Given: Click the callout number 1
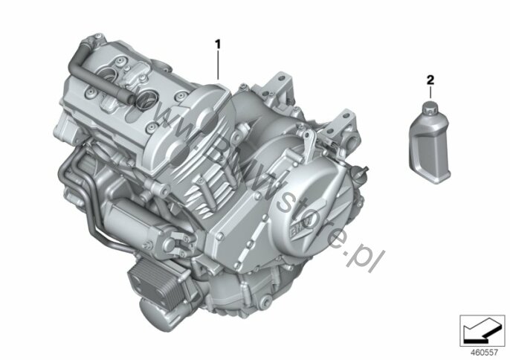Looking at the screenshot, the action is [218, 44].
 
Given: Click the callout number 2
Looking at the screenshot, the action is [430, 80].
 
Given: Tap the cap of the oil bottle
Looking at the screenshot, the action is [431, 108].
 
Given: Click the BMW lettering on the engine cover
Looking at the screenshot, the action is [299, 227].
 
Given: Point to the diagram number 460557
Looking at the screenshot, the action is [483, 352].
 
